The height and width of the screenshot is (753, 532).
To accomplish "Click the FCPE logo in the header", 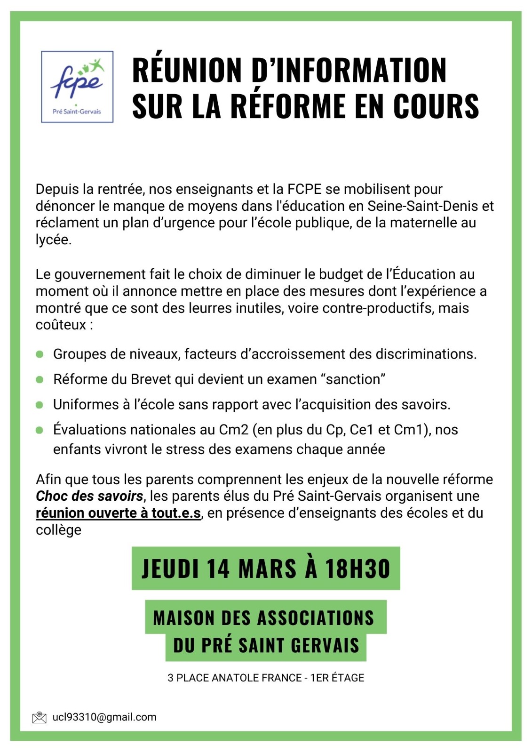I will pos(77,87).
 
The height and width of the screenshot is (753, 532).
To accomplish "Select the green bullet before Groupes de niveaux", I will pos(40,354).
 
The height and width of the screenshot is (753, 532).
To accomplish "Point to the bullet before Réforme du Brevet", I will pos(40,379).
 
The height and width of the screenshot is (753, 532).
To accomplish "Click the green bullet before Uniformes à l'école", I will pos(40,405).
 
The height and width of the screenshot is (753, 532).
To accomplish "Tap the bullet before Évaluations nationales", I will pos(40,430).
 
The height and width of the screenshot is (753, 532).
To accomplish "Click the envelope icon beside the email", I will pos(39,717).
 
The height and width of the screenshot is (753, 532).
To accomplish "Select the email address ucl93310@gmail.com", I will pos(104,717).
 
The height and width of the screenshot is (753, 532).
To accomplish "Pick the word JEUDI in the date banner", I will pos(170,569).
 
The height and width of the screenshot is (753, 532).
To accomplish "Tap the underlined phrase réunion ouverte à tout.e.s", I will pos(119,513).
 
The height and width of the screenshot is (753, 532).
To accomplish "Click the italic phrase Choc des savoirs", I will pos(89,496).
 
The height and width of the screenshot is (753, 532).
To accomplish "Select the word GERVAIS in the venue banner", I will pos(325,645).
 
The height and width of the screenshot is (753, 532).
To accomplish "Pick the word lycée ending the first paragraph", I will pos(53,240).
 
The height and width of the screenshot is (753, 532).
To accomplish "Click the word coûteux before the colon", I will pos(61,325).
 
